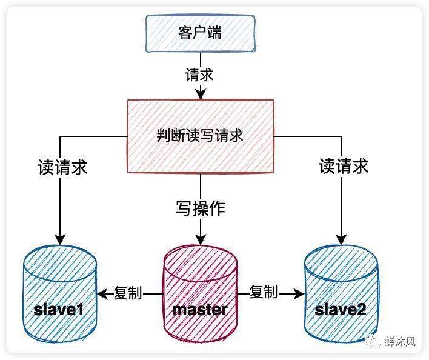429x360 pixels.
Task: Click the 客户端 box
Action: [x=199, y=33]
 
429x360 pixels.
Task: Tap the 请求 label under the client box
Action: [x=199, y=75]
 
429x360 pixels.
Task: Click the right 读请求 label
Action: [x=344, y=166]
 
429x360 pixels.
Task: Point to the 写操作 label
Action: [x=200, y=208]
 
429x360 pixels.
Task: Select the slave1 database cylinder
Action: [x=59, y=295]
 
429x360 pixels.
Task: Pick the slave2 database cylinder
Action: [x=341, y=295]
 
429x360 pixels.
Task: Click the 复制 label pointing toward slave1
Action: [x=127, y=294]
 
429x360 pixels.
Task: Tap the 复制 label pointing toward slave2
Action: [x=264, y=293]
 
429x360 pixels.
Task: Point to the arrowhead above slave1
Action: [x=59, y=238]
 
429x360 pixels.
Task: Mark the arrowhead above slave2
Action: [x=341, y=238]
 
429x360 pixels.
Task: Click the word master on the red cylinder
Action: [x=199, y=310]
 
